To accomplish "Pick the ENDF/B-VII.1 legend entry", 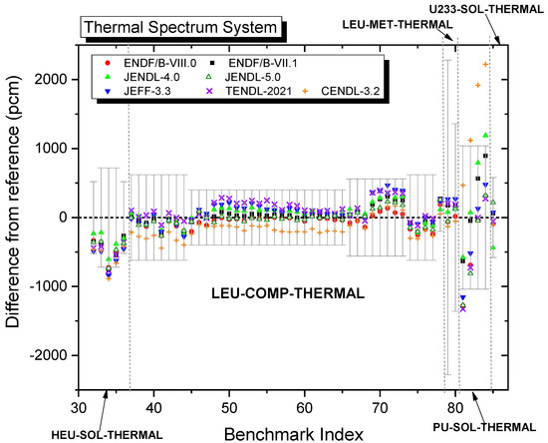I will (246, 64).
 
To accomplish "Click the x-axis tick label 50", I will (228, 407).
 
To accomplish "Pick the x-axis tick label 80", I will (454, 407).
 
